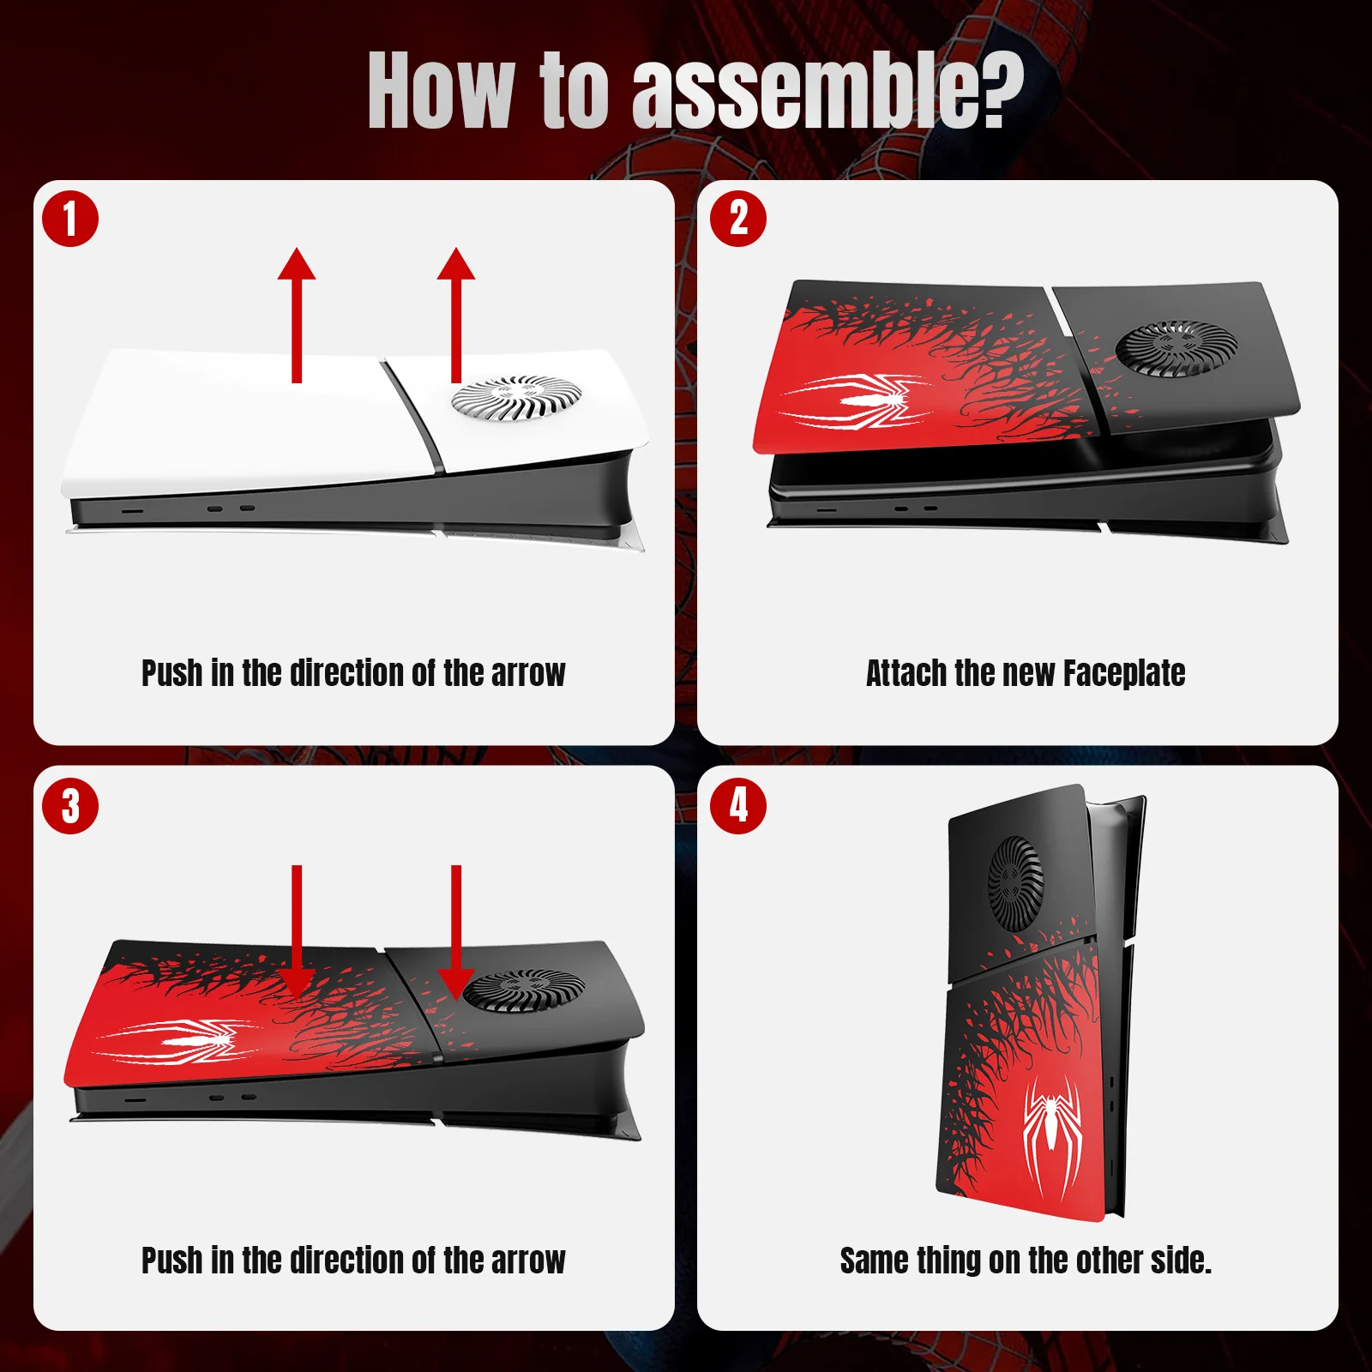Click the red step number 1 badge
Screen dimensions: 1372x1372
click(x=70, y=219)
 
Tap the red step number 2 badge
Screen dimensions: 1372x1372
click(x=738, y=219)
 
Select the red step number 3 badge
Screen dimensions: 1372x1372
click(x=70, y=806)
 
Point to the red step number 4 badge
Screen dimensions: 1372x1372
click(x=738, y=806)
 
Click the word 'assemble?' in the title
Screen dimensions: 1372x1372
click(x=828, y=91)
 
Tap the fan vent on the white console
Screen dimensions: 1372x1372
click(x=517, y=399)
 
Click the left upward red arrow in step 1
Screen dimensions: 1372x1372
click(x=297, y=315)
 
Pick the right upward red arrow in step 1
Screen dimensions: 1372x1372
click(x=456, y=315)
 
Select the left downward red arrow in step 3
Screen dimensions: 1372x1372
click(x=297, y=933)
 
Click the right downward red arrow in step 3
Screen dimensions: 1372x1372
click(x=456, y=933)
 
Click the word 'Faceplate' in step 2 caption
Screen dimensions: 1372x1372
click(x=1124, y=674)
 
